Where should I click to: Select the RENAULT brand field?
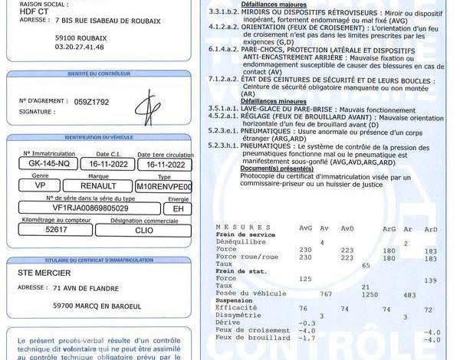tap(98, 186)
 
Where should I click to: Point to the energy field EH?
tap(178, 208)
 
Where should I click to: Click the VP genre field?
tap(41, 186)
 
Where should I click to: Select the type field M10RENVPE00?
tap(164, 186)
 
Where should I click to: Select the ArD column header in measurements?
tap(430, 228)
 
